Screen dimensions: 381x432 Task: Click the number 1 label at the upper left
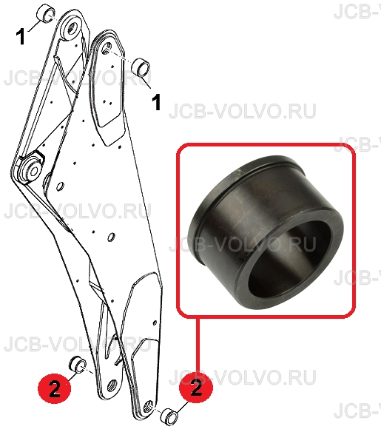click(x=21, y=37)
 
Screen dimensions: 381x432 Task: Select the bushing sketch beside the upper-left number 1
click(x=46, y=13)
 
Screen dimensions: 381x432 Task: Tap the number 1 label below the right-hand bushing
click(x=157, y=102)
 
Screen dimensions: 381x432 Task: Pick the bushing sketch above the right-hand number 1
click(x=141, y=67)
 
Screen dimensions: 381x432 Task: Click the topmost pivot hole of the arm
click(x=73, y=27)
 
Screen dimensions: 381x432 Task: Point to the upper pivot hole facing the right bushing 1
click(x=107, y=48)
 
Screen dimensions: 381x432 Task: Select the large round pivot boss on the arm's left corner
click(x=30, y=169)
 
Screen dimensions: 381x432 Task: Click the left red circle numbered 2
click(x=55, y=389)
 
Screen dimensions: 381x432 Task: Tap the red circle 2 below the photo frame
click(x=196, y=389)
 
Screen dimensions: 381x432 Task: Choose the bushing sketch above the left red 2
click(x=78, y=365)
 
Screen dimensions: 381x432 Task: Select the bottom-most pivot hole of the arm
click(x=148, y=405)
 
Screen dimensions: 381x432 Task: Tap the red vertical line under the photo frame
click(x=198, y=345)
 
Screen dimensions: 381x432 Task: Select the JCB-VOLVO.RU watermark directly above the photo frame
click(x=243, y=111)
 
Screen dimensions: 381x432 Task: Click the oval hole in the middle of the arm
click(x=111, y=237)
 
